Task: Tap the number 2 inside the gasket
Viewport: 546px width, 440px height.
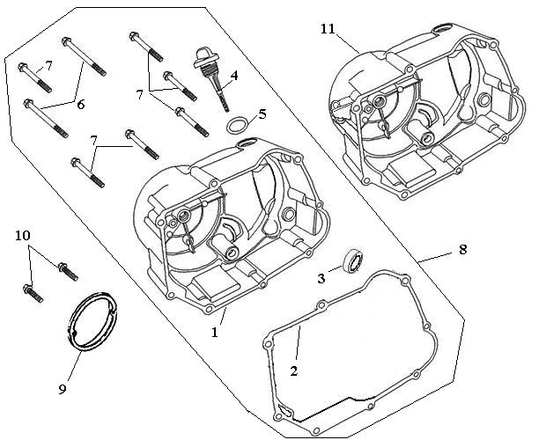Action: [294, 370]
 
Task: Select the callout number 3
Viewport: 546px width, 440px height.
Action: [321, 279]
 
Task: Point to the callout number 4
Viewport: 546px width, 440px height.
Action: [234, 76]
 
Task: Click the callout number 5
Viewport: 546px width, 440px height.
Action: [260, 114]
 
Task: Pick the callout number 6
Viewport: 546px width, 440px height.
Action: [80, 105]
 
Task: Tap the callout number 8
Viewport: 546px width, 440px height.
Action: [463, 250]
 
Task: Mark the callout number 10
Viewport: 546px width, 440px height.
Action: [22, 235]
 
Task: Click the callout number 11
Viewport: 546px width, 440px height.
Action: [328, 29]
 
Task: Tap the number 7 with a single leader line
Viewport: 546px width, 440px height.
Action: [49, 66]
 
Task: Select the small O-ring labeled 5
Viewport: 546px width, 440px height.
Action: [236, 126]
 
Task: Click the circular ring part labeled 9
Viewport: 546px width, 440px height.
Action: [92, 323]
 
